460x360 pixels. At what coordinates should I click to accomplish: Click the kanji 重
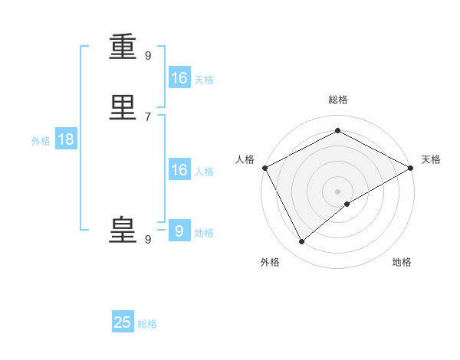123,47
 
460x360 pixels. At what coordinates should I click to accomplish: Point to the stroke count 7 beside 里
148,116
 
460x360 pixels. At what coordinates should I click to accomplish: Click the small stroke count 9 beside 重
148,55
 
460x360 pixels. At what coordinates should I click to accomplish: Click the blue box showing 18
65,139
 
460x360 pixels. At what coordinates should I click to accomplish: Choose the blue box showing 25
123,322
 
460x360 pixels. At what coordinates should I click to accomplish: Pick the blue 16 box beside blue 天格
179,78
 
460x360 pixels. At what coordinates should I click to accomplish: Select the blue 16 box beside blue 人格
179,170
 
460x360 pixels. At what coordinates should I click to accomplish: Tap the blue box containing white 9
179,231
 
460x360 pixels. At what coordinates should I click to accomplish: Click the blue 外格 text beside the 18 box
41,141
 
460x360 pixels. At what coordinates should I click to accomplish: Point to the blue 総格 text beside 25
147,324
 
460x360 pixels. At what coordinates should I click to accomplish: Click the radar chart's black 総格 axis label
338,100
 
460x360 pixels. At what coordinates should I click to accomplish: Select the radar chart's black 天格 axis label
432,159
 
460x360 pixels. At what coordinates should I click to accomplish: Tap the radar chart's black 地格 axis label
402,262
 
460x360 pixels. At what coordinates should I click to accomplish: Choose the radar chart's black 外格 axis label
270,262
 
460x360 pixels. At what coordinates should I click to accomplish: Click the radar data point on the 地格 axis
347,204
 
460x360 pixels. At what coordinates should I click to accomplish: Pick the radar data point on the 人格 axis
264,168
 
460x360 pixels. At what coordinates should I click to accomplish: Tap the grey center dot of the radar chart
338,191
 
